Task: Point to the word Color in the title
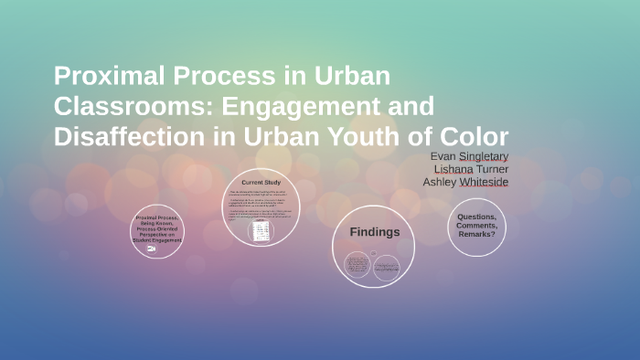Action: tap(474, 136)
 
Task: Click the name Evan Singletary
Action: tap(469, 156)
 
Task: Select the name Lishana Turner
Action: tap(471, 169)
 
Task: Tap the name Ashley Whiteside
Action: tap(465, 182)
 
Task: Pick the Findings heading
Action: tap(375, 232)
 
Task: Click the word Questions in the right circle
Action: tap(476, 217)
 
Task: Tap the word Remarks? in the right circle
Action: tap(476, 235)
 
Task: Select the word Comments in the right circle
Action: tap(476, 226)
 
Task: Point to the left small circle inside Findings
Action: tap(357, 265)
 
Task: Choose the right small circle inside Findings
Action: tap(387, 266)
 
